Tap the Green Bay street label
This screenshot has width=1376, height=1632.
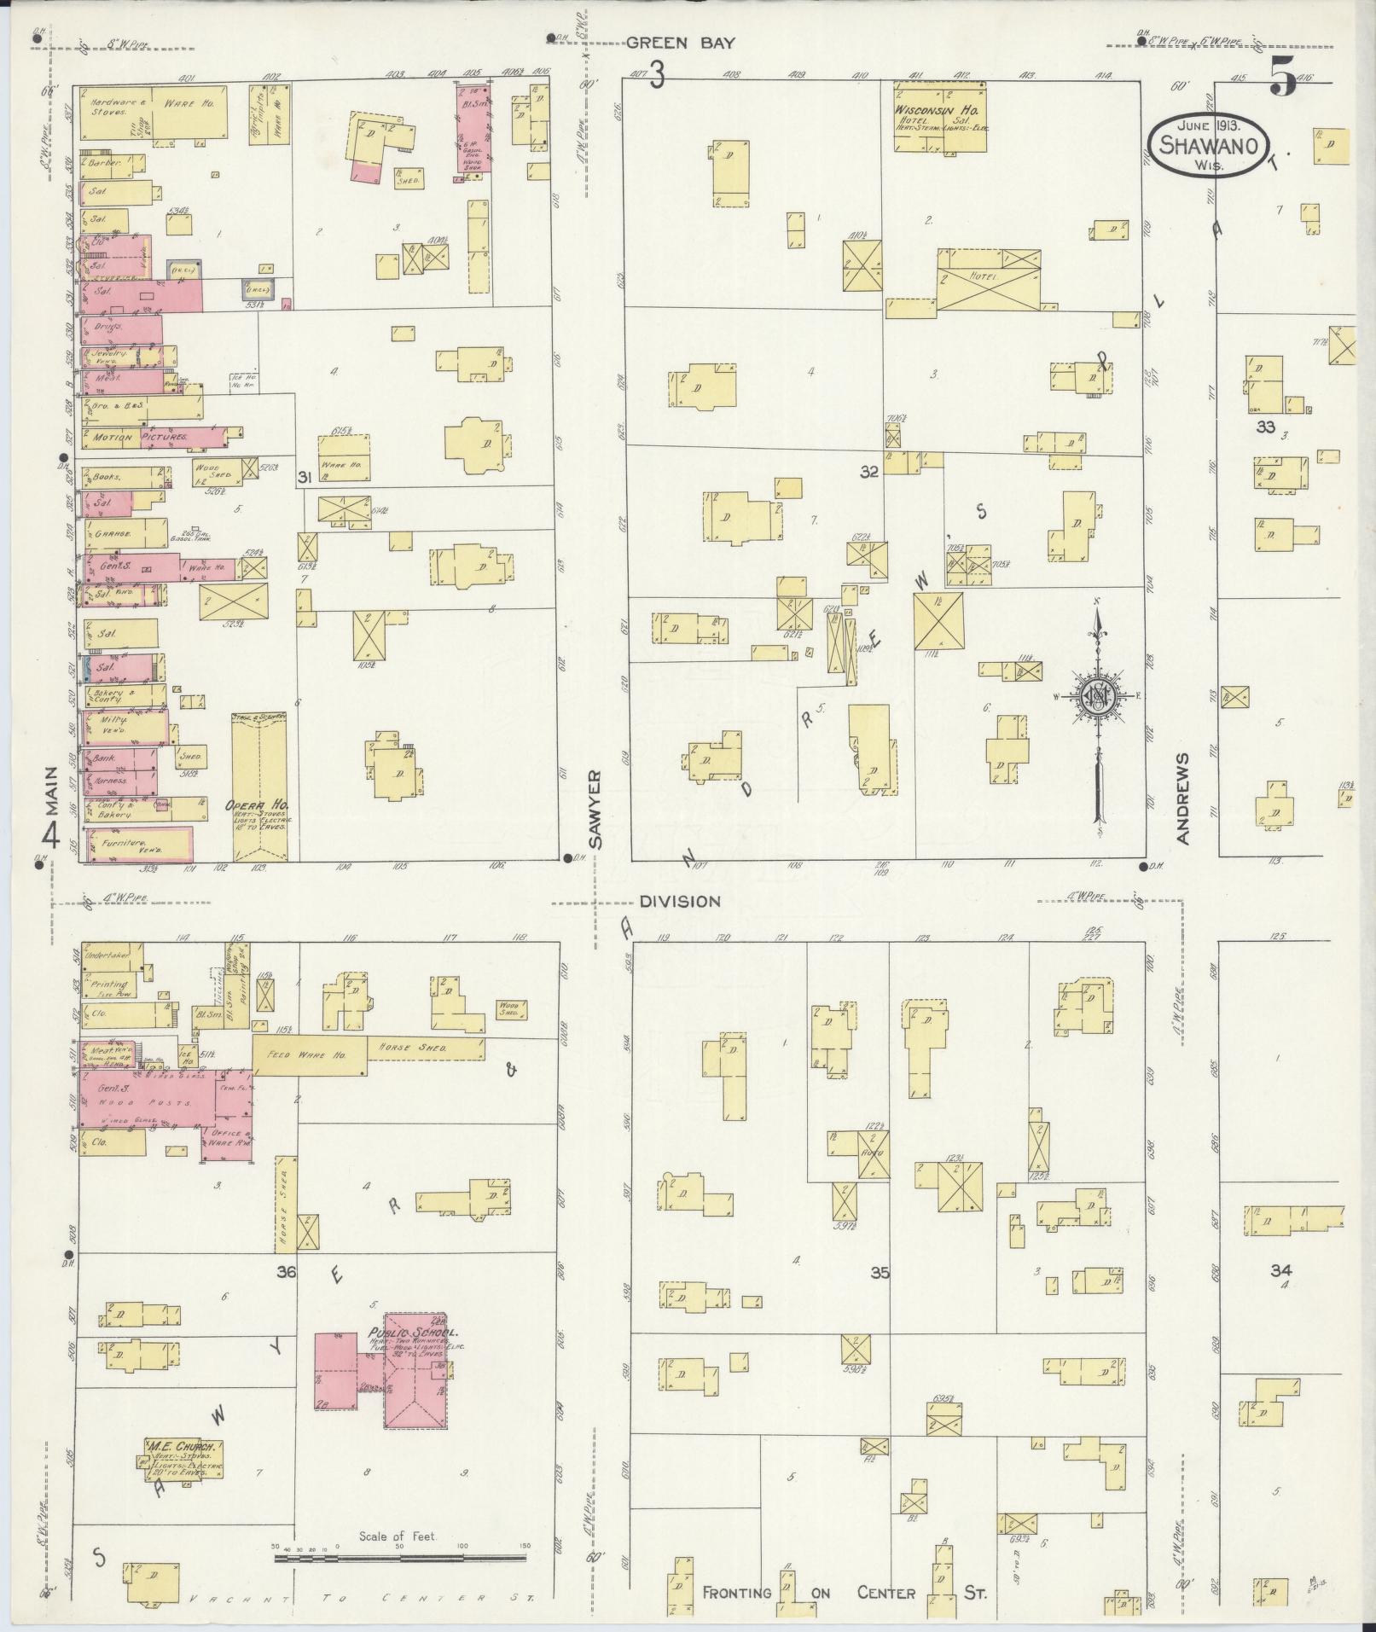point(680,44)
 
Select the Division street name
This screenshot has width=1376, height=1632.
point(680,901)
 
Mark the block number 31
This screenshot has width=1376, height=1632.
point(304,478)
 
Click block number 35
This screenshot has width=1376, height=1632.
point(880,1274)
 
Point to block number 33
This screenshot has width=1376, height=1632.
point(1264,427)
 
